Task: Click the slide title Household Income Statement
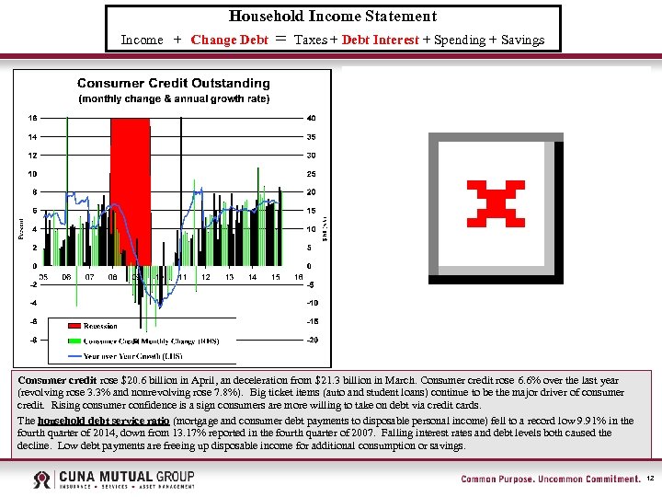tap(332, 17)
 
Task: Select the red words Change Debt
tap(229, 40)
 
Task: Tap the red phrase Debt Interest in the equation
tap(380, 40)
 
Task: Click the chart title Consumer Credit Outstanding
tap(174, 84)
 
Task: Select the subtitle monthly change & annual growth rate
tap(174, 98)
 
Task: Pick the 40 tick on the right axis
tap(312, 118)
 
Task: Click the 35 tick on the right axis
tap(312, 136)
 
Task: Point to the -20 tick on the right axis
tap(312, 340)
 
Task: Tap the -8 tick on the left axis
tap(32, 340)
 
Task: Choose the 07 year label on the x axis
tap(89, 277)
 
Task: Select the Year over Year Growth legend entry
tap(132, 355)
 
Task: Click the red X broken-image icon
tap(496, 203)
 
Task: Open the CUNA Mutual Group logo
tap(112, 480)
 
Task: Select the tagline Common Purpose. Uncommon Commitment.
tap(550, 480)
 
